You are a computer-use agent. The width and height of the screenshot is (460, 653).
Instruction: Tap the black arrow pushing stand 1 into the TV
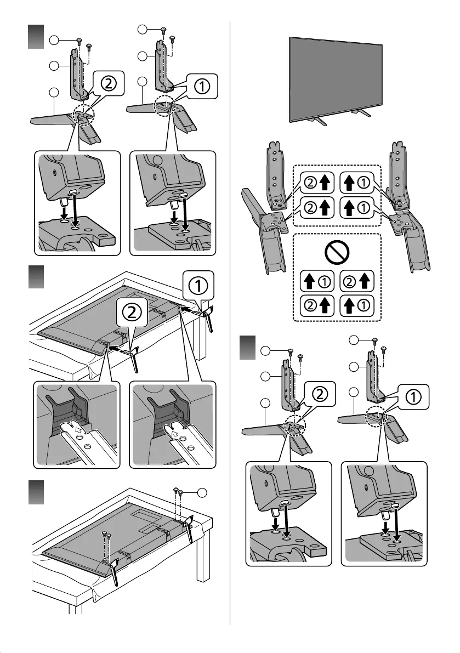click(x=188, y=310)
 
